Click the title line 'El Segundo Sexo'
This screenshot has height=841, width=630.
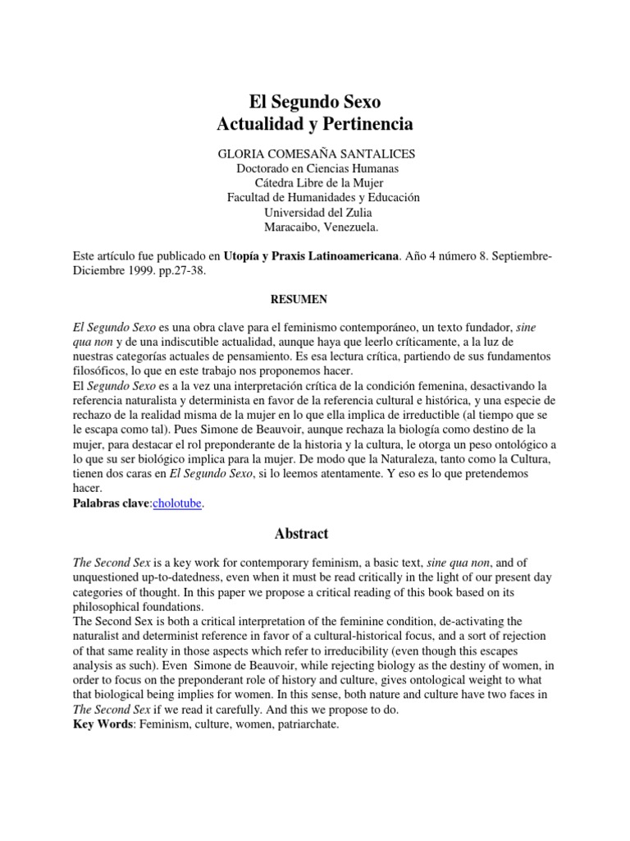[315, 103]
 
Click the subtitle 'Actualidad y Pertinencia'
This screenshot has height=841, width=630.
[315, 126]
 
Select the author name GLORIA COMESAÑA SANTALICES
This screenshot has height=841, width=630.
[315, 154]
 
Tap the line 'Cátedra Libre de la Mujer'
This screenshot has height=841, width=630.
[315, 182]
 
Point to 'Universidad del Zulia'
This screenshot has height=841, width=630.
[315, 212]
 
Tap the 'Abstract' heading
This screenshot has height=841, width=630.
[301, 534]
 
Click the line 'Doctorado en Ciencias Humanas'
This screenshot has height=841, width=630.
[315, 168]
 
